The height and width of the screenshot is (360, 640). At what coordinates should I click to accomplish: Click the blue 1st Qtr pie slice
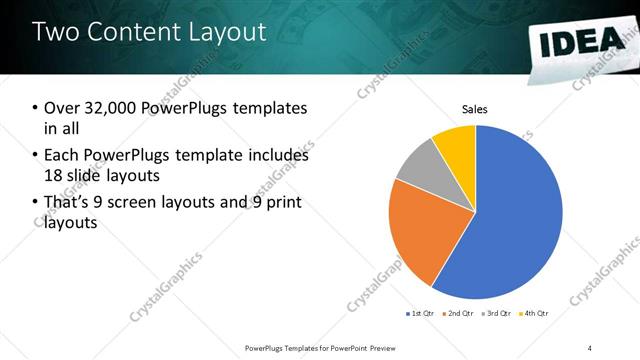click(x=520, y=220)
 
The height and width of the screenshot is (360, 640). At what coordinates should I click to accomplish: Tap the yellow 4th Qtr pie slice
click(x=456, y=142)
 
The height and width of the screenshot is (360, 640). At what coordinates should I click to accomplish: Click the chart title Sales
click(x=474, y=110)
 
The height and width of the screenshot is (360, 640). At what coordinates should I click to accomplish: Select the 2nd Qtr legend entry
click(x=458, y=314)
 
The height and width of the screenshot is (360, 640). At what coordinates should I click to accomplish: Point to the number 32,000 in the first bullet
click(x=106, y=108)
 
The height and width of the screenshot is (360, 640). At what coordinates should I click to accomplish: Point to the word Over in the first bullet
click(x=61, y=108)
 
